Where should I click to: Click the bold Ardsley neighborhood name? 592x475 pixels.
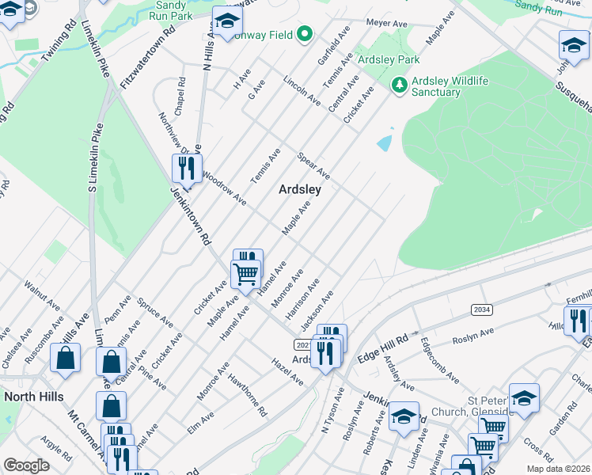point(299,190)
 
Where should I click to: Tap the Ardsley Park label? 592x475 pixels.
point(388,60)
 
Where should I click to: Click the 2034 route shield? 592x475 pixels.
point(480,310)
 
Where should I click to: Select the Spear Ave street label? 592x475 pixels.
point(313,165)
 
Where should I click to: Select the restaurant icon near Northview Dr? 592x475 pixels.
point(185,168)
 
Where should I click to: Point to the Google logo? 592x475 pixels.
point(26,465)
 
